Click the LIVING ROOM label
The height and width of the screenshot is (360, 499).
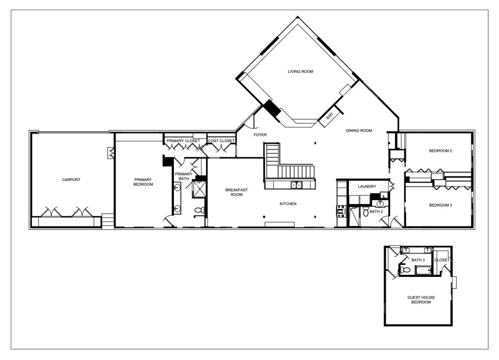coord(300,72)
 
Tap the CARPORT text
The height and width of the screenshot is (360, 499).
coord(71,180)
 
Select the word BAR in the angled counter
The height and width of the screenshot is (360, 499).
coord(329,116)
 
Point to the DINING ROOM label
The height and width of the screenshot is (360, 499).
coord(359,131)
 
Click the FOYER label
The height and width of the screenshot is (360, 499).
coord(260,135)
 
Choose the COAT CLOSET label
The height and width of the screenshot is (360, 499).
coord(221,141)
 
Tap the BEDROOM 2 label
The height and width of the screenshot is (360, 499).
coord(441,151)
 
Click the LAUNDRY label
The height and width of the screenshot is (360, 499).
coord(367,187)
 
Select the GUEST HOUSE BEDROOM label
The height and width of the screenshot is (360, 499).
coord(421,300)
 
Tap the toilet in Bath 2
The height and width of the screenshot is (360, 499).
coord(365,211)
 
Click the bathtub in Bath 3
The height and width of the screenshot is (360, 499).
coord(423,271)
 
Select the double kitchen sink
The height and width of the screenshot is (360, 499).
coord(296,185)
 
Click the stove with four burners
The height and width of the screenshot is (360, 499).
coord(341,212)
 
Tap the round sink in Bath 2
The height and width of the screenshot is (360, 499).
coord(380,203)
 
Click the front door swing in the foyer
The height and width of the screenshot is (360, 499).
coord(252,122)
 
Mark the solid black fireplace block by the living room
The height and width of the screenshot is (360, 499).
coord(271,108)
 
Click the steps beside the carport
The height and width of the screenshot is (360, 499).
coord(107,220)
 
